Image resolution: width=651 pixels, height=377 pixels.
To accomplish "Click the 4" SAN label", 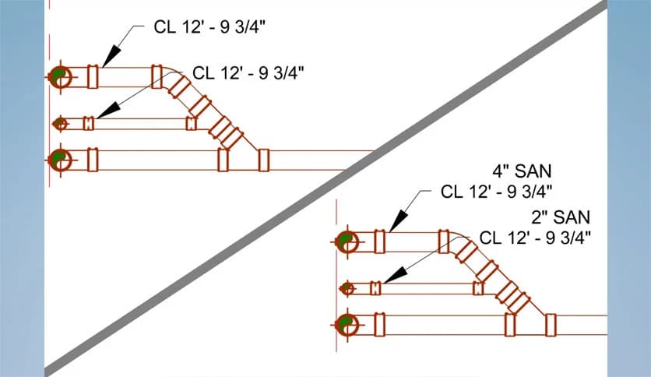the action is [522, 171].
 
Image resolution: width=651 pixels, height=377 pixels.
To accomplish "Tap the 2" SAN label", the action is [561, 217].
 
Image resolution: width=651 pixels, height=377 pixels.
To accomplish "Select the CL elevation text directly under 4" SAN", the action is [497, 192].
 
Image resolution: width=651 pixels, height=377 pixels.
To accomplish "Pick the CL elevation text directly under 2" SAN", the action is [535, 238].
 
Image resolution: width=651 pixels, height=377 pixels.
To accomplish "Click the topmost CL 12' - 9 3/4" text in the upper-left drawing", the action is [209, 27].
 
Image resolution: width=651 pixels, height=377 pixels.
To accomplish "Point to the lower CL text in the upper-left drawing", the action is [248, 73].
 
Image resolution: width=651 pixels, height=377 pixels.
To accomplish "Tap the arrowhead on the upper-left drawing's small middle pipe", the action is [108, 110].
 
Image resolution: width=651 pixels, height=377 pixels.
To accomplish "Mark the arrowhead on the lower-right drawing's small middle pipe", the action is [396, 275].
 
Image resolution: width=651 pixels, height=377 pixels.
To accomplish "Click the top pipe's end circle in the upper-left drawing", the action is [60, 77].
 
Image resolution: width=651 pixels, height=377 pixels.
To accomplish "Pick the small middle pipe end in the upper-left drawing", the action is [60, 124].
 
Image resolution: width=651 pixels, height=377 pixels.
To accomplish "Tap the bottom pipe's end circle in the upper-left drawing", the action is [60, 160].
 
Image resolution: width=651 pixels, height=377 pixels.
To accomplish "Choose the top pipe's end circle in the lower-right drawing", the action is [347, 241].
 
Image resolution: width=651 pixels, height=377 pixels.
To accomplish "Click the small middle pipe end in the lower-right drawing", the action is [347, 288].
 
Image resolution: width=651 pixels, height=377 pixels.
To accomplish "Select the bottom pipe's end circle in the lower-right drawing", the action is [347, 325].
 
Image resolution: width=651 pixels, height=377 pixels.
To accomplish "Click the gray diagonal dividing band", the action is [326, 188].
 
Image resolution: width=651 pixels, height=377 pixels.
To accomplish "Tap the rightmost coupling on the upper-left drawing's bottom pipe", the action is [264, 160].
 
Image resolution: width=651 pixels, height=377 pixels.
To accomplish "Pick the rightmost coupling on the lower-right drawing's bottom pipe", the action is [551, 325].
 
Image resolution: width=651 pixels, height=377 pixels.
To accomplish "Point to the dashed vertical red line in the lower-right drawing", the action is [336, 276].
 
